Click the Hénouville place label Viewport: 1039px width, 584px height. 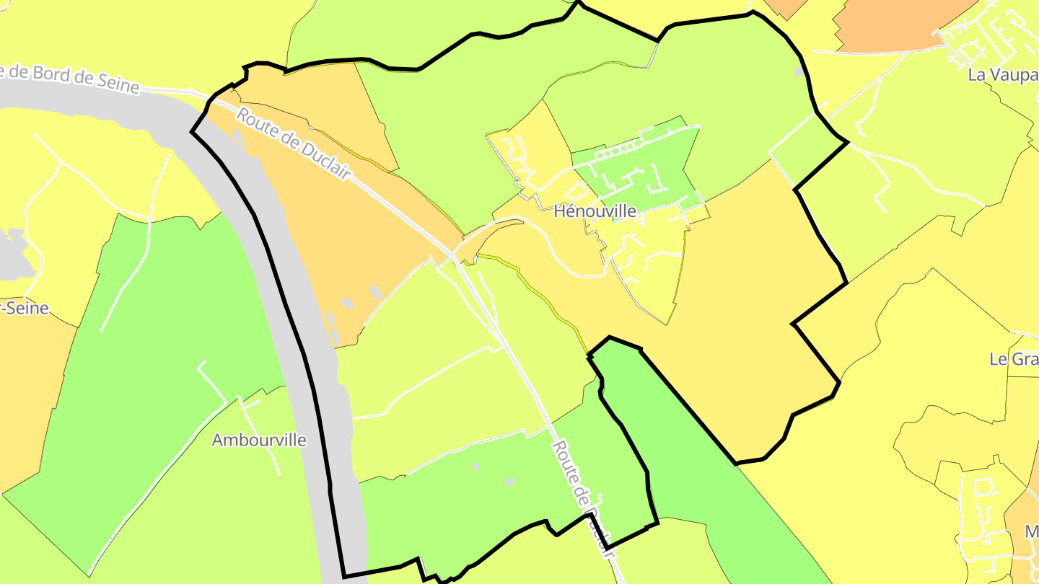[595, 211]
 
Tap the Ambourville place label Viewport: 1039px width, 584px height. [259, 440]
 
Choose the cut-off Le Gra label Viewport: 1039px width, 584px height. [1014, 359]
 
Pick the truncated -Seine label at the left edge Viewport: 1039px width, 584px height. [25, 309]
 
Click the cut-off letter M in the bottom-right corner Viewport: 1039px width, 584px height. [1032, 532]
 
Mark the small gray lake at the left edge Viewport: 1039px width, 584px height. [14, 256]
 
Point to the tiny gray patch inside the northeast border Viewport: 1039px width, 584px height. [798, 72]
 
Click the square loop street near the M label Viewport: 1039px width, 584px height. [982, 487]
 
